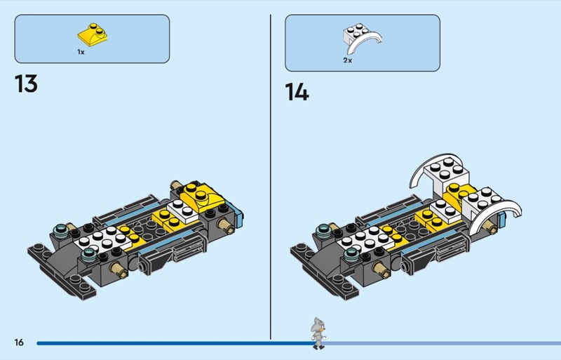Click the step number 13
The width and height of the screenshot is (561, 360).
(x=26, y=84)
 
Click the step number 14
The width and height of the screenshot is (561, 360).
(x=297, y=92)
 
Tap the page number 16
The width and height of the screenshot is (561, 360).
(x=19, y=342)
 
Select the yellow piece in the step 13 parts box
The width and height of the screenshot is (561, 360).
(x=93, y=35)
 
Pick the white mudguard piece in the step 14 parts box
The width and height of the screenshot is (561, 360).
(x=361, y=39)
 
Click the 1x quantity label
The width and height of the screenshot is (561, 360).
(x=81, y=52)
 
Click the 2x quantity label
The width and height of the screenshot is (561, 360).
(x=347, y=60)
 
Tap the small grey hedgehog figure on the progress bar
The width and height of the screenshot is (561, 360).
(x=318, y=333)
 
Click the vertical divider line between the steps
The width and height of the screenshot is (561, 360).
(x=271, y=177)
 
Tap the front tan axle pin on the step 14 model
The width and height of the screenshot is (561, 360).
(x=381, y=270)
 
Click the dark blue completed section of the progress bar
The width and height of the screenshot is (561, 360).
(x=175, y=343)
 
